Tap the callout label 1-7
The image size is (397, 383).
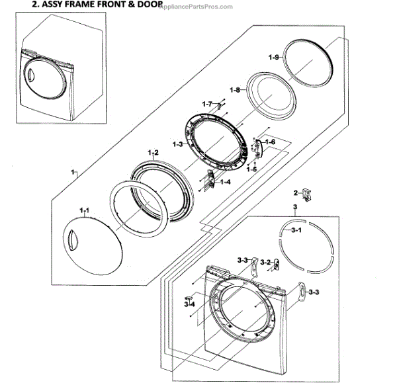coord(207,104)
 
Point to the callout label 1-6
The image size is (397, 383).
coord(269,143)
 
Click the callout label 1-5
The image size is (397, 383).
coord(251,169)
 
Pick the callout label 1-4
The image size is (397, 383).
coord(225,181)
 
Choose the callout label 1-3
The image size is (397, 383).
coord(177,144)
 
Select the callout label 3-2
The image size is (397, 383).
coord(266,263)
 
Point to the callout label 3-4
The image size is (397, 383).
coord(189,304)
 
